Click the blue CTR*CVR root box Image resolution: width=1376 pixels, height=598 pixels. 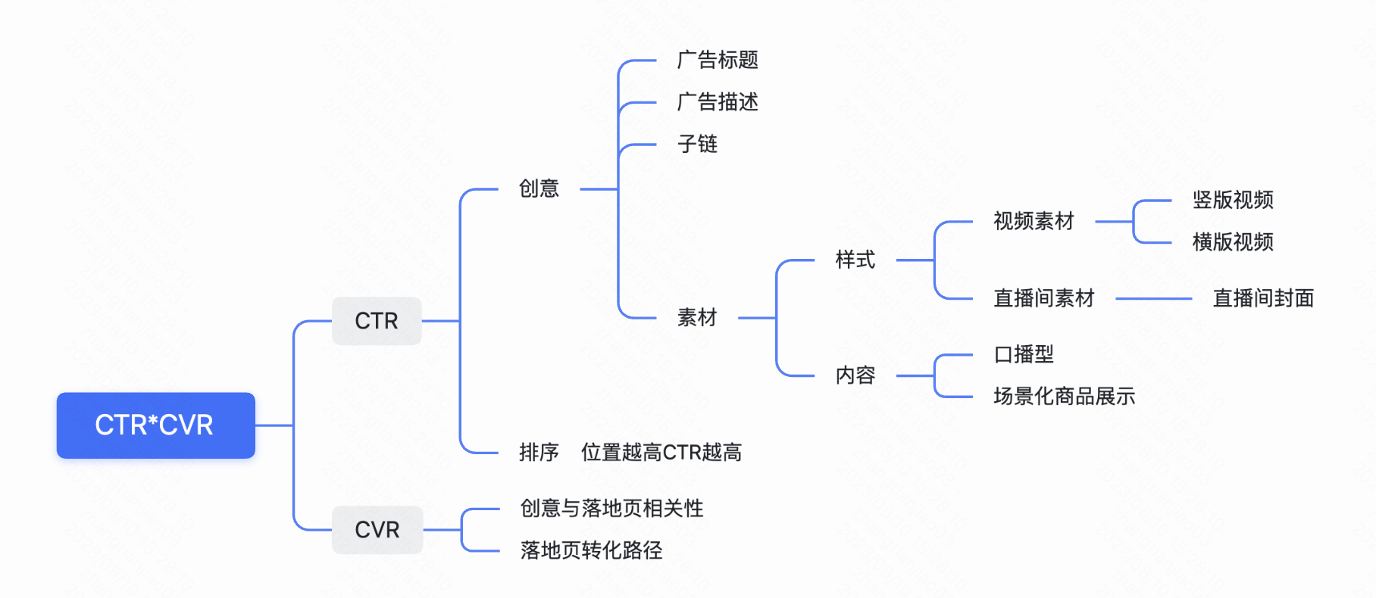tap(155, 425)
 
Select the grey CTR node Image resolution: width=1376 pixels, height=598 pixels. tap(377, 321)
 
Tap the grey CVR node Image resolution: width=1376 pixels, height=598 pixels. tap(377, 530)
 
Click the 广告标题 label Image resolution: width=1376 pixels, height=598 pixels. tap(718, 60)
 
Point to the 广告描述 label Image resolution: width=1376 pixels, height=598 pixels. tap(718, 102)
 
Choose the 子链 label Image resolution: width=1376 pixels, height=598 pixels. tap(697, 144)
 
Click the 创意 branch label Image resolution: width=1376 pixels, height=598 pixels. tap(539, 188)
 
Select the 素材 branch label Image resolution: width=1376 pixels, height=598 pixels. tap(697, 318)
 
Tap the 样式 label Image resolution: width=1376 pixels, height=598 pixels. tap(855, 260)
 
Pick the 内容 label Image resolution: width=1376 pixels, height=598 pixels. tap(855, 375)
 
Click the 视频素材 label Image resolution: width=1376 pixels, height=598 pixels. tap(1034, 221)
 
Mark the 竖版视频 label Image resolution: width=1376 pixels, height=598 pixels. tap(1233, 200)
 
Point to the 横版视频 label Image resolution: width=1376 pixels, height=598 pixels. tap(1233, 242)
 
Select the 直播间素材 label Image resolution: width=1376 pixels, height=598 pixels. tap(1044, 298)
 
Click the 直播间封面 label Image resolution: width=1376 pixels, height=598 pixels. tap(1263, 298)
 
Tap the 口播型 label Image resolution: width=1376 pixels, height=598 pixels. tap(1024, 354)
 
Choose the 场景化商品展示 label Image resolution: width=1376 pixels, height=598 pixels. tap(1064, 397)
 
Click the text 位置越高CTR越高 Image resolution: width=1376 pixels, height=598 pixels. tap(661, 453)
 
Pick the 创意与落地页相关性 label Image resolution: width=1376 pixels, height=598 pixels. tap(611, 509)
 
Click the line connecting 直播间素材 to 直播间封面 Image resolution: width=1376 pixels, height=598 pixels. tap(1153, 299)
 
